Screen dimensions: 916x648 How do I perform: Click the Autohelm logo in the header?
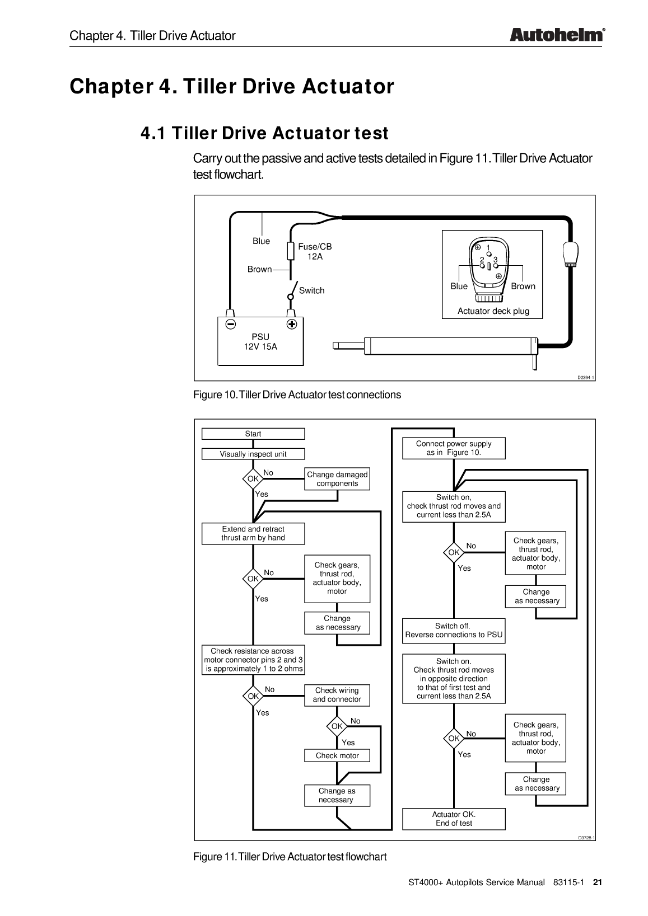(x=557, y=35)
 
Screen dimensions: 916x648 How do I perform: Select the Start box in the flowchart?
(x=253, y=434)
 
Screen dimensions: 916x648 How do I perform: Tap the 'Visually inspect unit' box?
(x=253, y=454)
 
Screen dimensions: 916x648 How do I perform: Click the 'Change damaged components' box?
(x=337, y=479)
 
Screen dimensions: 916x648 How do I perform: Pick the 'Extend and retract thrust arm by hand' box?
(x=253, y=533)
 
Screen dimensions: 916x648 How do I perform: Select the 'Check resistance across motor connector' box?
(x=253, y=660)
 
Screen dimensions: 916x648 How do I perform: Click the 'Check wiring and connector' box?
(x=337, y=694)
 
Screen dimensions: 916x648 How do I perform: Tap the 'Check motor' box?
(x=337, y=755)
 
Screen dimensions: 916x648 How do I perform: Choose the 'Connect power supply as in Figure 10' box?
(x=454, y=448)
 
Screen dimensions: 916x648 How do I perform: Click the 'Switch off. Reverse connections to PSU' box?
(x=454, y=631)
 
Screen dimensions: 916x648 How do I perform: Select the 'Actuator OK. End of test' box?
(x=454, y=819)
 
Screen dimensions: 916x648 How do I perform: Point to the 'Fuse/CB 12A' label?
(x=315, y=251)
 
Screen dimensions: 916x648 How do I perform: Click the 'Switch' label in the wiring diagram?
(x=311, y=290)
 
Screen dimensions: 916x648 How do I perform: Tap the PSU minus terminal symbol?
(x=230, y=324)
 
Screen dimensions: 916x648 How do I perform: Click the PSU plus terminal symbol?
(x=291, y=324)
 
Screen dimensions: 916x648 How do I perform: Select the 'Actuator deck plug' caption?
(x=493, y=311)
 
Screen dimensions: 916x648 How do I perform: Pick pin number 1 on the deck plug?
(x=488, y=248)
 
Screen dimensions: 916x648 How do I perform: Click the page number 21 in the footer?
(x=597, y=882)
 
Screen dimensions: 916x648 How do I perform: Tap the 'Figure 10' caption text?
(x=297, y=394)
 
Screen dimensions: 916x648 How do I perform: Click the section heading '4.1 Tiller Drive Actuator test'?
(x=264, y=134)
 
